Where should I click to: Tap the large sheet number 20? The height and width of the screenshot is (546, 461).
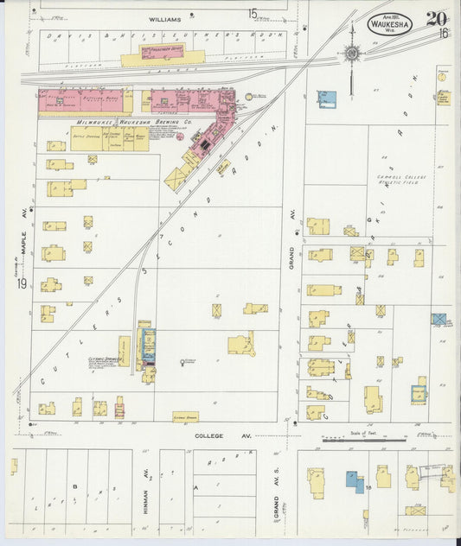(435, 18)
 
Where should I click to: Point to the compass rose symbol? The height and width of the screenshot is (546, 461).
(352, 54)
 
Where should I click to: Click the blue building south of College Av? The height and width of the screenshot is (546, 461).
(355, 481)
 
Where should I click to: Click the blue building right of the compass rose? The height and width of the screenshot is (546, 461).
(326, 98)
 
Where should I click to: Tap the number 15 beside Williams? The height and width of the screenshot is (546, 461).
(253, 14)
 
